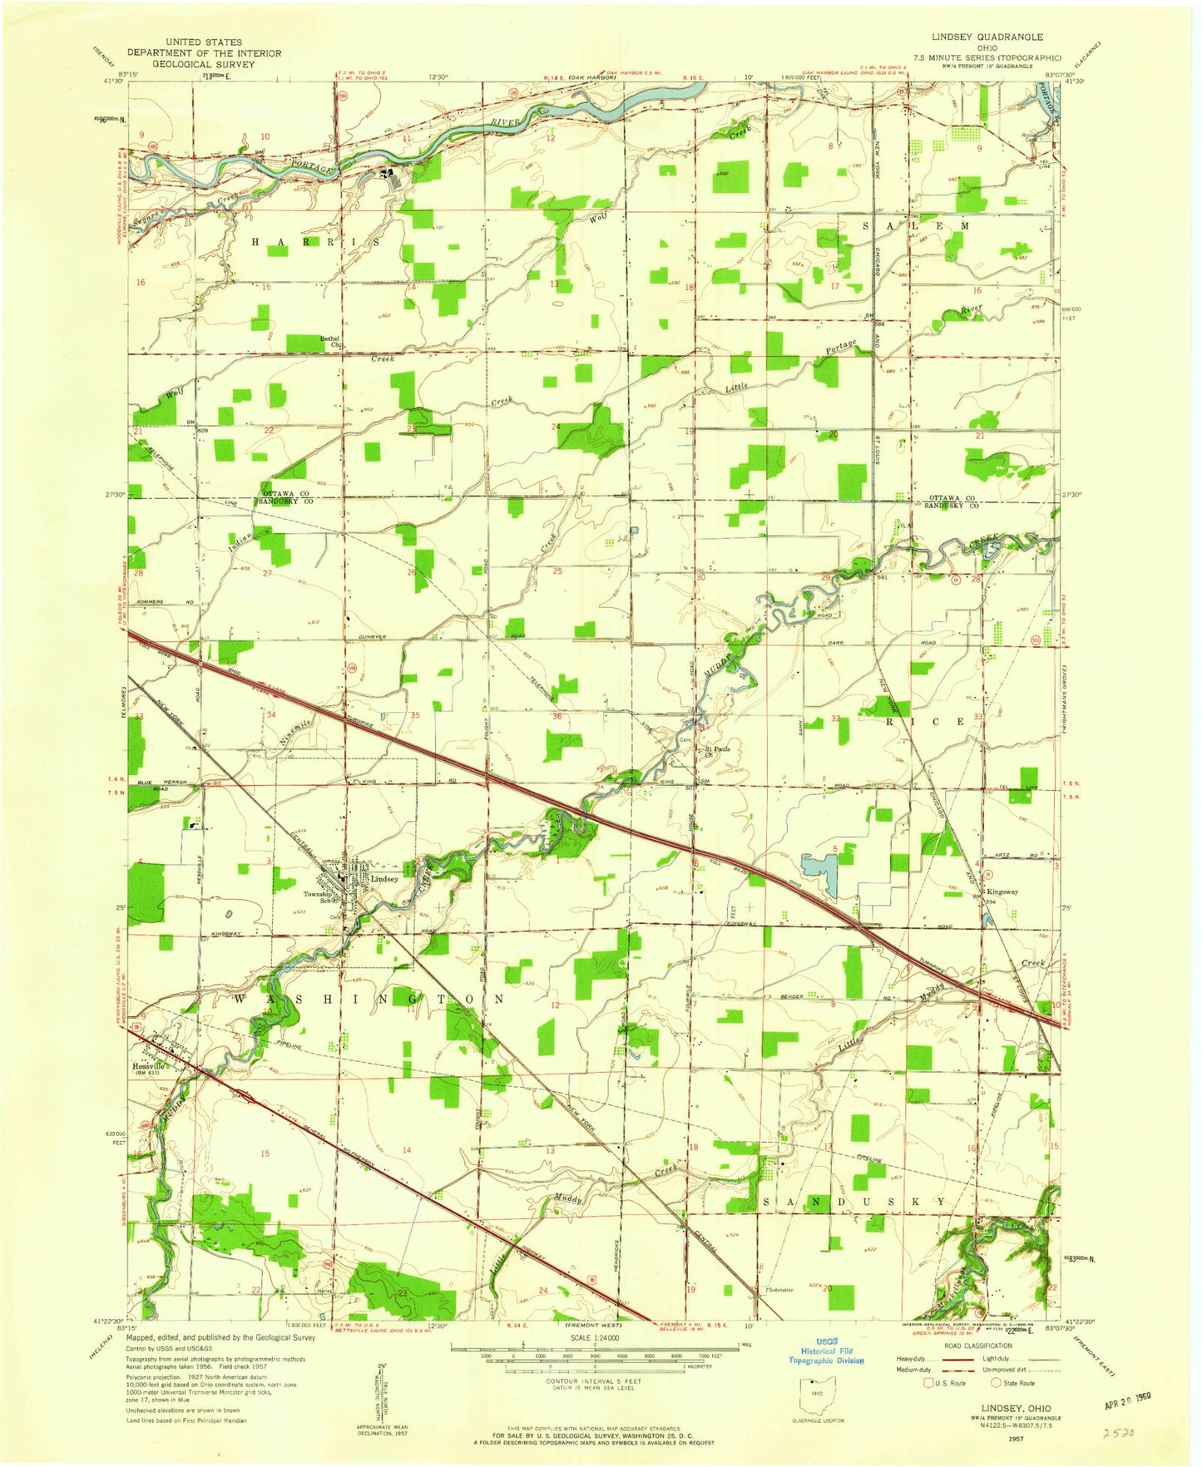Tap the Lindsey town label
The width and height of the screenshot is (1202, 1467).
tap(384, 878)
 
